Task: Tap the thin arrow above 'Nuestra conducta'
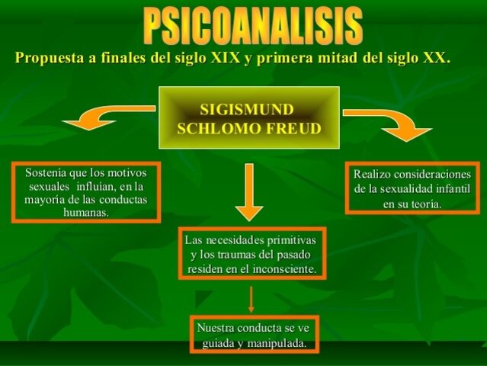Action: [251, 298]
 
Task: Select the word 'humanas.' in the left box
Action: [85, 212]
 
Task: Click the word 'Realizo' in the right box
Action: [373, 175]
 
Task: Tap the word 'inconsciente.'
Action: [284, 268]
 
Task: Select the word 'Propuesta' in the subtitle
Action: [50, 59]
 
